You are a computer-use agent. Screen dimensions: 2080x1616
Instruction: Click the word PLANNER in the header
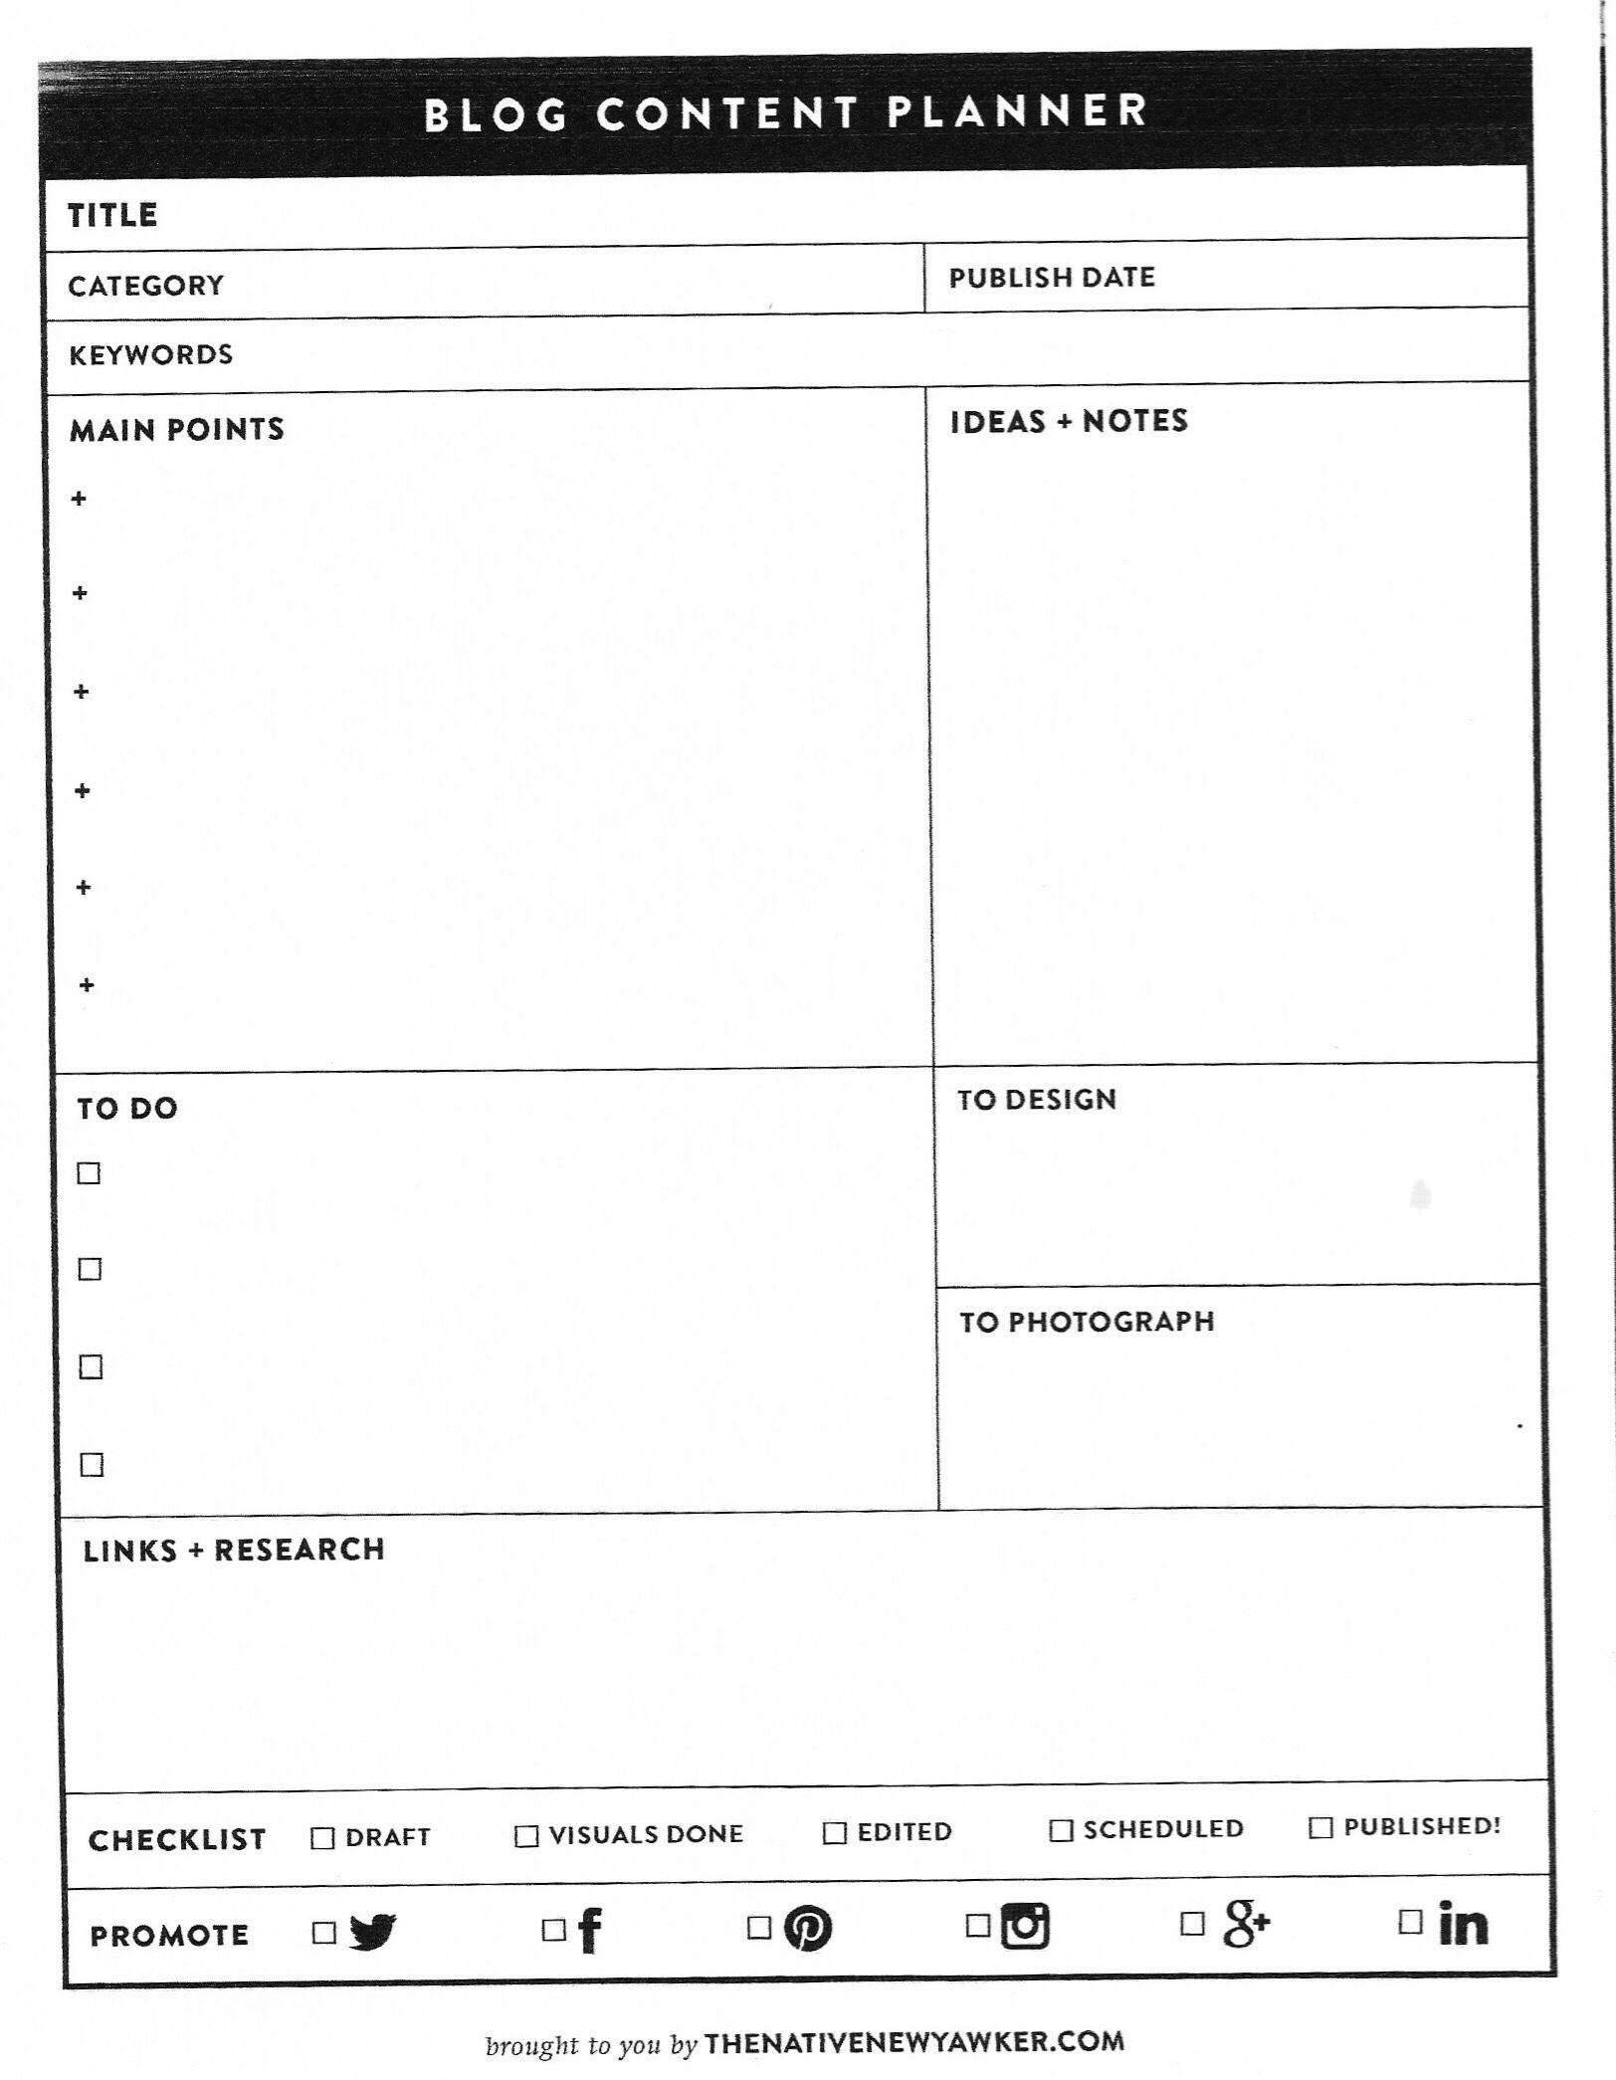(1018, 110)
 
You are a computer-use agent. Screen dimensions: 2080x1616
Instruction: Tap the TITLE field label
(112, 215)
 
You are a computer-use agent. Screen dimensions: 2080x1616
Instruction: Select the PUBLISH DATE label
(1052, 278)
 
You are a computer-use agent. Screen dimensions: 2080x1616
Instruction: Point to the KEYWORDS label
(151, 355)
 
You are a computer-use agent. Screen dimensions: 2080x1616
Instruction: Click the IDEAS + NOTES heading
(1069, 421)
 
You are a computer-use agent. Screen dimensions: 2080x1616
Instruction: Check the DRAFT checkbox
(322, 1838)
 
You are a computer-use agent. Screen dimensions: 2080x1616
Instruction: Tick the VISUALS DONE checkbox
(526, 1836)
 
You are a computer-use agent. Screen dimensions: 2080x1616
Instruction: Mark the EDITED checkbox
(835, 1833)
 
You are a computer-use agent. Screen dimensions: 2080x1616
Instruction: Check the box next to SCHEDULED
(1062, 1830)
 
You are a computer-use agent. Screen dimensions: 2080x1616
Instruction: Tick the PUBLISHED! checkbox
(1320, 1828)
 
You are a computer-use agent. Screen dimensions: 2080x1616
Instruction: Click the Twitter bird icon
(373, 1932)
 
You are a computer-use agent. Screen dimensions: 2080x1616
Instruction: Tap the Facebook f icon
(590, 1930)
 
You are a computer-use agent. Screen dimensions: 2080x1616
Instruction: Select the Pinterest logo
(808, 1928)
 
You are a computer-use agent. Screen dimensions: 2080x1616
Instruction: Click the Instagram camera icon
(1025, 1925)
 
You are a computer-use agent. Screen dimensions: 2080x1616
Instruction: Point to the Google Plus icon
(1246, 1923)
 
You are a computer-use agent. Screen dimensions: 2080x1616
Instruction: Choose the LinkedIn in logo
(1463, 1923)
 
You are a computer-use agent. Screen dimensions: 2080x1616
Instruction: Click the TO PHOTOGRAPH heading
(1087, 1323)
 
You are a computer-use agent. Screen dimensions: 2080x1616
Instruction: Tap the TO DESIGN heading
(1037, 1100)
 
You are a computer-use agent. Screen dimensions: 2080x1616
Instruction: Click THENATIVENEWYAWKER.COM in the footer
(914, 2043)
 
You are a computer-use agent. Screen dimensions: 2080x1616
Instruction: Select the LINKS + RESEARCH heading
(234, 1551)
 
